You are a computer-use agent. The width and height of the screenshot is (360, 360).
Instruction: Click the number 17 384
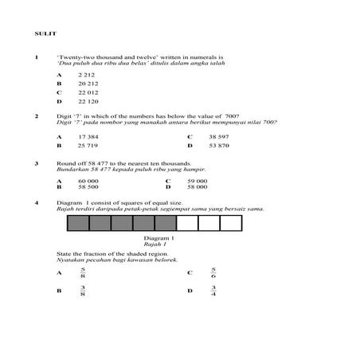click(x=88, y=136)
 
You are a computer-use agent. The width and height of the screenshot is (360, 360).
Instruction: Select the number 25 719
click(x=88, y=147)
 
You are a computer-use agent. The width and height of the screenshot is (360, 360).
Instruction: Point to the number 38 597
click(x=219, y=136)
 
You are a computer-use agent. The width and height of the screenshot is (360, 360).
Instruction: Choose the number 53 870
click(x=219, y=147)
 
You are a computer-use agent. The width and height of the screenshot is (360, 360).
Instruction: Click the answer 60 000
click(x=88, y=181)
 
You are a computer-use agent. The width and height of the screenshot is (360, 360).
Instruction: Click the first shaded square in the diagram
click(x=78, y=224)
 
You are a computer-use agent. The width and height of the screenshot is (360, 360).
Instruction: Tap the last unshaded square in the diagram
click(x=252, y=224)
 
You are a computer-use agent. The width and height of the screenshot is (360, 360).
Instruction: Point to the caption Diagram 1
click(x=158, y=238)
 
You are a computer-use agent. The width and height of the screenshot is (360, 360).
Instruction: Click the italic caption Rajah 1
click(x=158, y=245)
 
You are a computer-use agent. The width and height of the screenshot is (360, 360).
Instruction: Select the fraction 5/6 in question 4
click(x=213, y=272)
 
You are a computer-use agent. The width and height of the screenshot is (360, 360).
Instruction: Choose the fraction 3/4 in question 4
click(x=213, y=292)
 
